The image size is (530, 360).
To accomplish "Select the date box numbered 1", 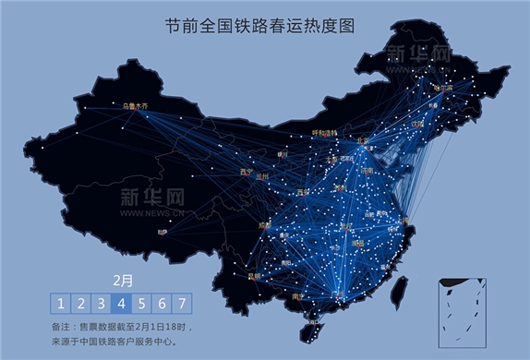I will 60,304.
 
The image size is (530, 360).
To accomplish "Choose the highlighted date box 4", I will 122,304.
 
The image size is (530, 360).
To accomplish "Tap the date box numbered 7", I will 183,304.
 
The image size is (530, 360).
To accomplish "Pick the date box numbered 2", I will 81,304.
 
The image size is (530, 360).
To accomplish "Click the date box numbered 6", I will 163,304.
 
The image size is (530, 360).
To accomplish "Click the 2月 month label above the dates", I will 121,280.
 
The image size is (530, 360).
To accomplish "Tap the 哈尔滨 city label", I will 444,89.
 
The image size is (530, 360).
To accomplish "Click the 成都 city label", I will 266,224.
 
